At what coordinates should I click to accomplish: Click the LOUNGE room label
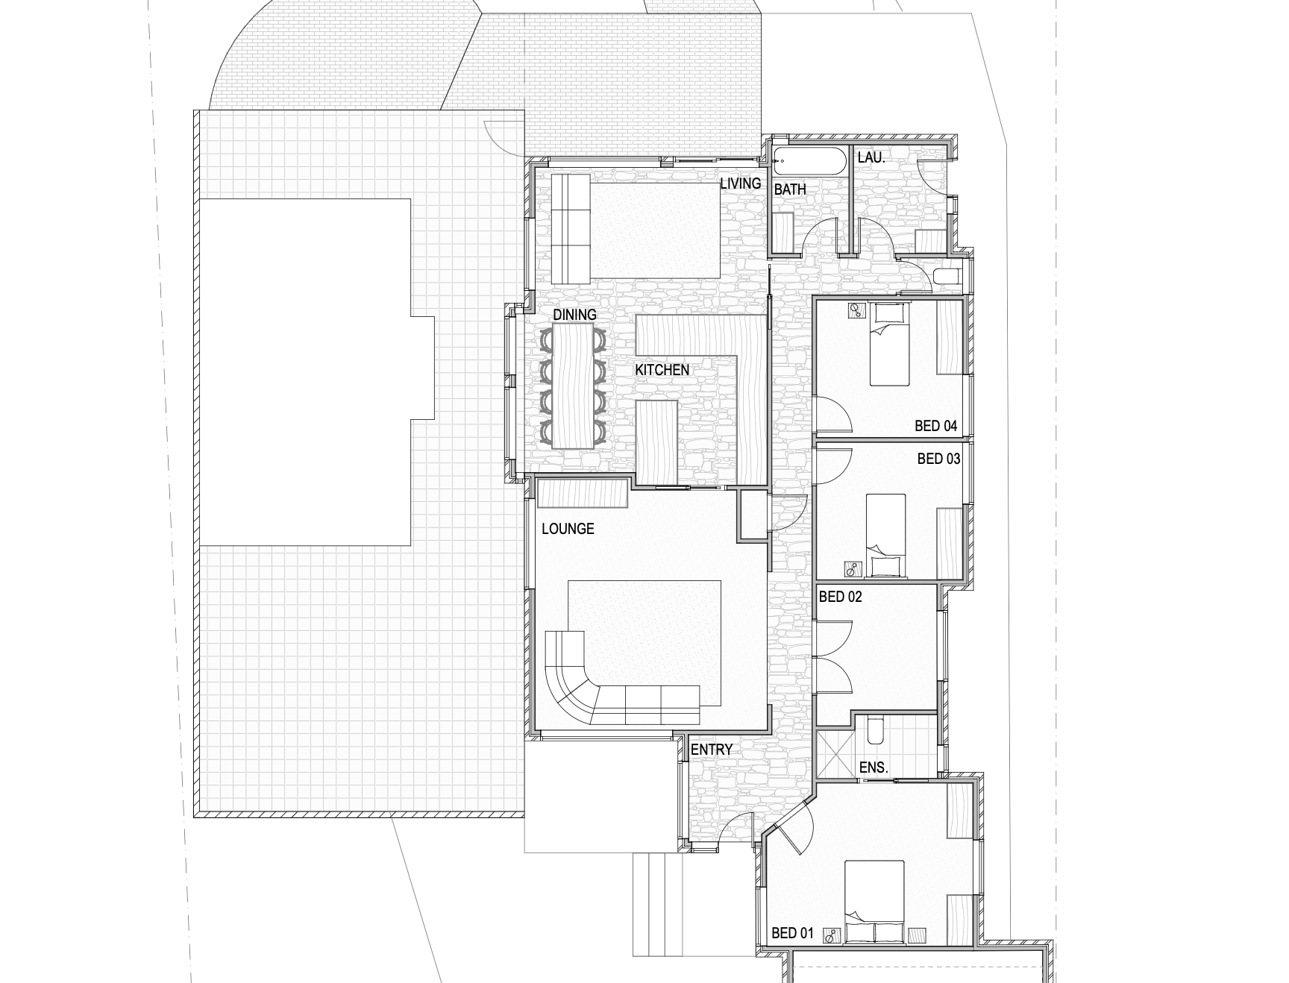(x=568, y=529)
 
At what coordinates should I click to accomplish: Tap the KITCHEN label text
(x=662, y=370)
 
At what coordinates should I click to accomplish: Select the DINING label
(x=574, y=315)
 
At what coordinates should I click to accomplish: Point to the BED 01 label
(x=792, y=933)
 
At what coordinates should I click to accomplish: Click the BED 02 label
(x=841, y=597)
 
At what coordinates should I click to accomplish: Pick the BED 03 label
(x=938, y=459)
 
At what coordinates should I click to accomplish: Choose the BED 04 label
(x=936, y=427)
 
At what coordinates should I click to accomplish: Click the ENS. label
(x=874, y=767)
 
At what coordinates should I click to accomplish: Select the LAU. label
(x=871, y=157)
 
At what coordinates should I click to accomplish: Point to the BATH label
(x=790, y=189)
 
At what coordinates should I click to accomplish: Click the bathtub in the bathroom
(x=809, y=162)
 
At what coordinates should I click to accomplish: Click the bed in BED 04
(x=890, y=345)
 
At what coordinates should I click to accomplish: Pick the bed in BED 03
(x=886, y=536)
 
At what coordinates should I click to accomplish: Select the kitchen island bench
(x=656, y=443)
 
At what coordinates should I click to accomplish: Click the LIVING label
(x=740, y=183)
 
